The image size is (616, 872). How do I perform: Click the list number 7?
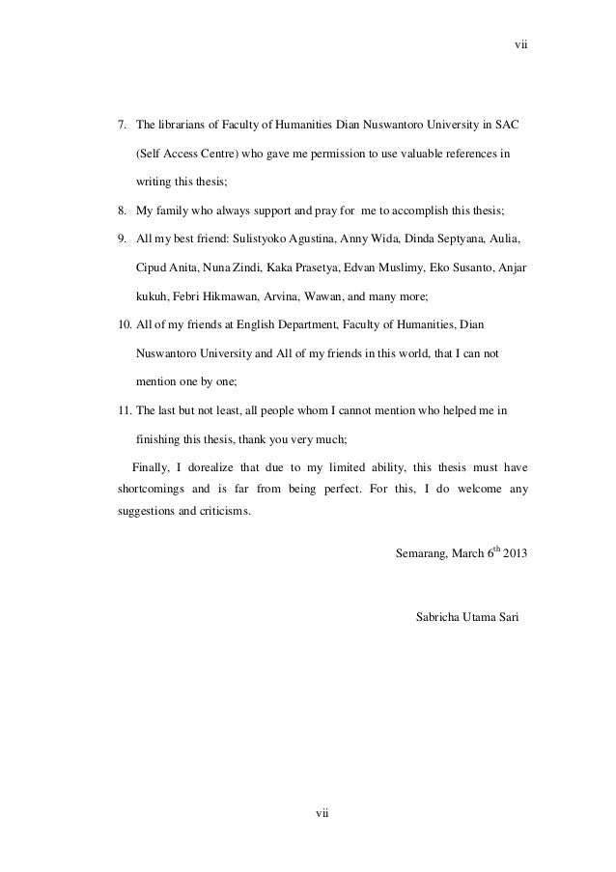click(x=122, y=126)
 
